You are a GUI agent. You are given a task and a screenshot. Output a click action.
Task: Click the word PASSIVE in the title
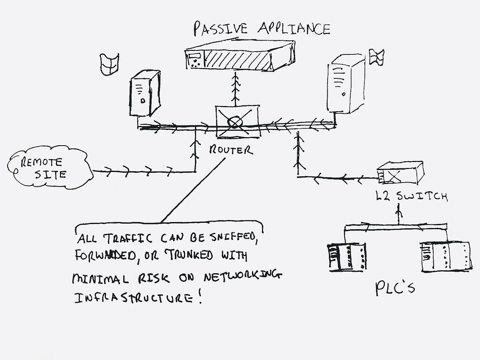(x=220, y=28)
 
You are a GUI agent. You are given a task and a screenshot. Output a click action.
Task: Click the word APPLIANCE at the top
(x=294, y=28)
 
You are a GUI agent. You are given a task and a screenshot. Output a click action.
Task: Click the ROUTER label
(x=231, y=150)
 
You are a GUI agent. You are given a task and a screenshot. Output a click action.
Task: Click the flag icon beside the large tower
(x=376, y=57)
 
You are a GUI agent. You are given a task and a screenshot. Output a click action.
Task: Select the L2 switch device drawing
(x=400, y=172)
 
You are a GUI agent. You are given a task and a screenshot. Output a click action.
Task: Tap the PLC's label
(x=394, y=288)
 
